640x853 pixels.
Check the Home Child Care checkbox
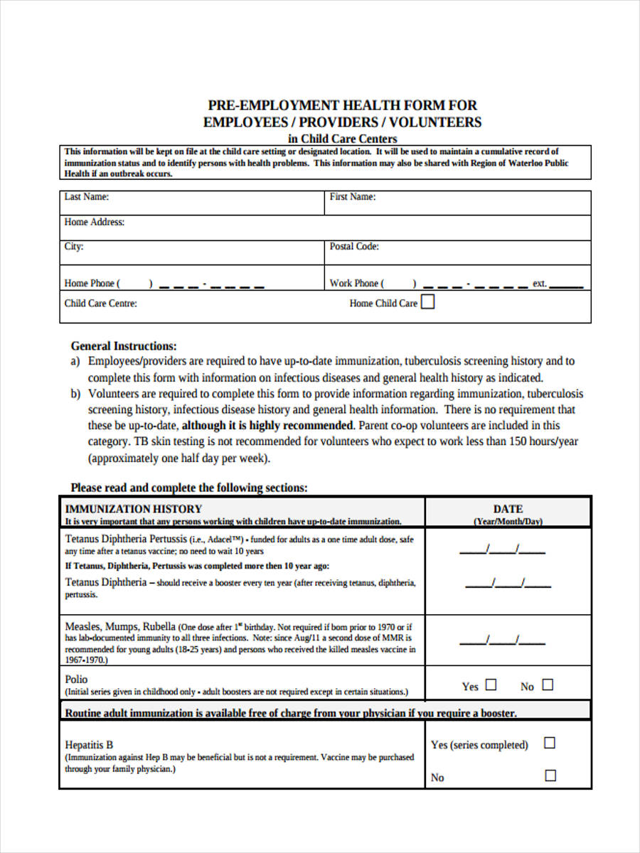pos(428,302)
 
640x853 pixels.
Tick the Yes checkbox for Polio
pos(491,685)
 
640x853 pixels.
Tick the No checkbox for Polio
pos(548,685)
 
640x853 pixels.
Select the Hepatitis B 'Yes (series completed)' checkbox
pos(550,743)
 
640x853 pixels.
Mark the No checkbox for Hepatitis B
pos(550,776)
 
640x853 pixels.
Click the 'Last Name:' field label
pos(86,197)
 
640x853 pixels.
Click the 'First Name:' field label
pos(353,197)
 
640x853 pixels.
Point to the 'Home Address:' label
pos(94,222)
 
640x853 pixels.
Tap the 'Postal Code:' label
pos(354,247)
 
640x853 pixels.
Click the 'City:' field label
pos(74,247)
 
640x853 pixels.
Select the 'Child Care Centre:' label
pos(100,303)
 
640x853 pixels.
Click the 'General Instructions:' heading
pos(124,346)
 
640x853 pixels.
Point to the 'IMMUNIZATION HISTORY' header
pos(134,509)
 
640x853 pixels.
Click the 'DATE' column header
pos(508,509)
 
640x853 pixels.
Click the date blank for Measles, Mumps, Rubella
pos(502,640)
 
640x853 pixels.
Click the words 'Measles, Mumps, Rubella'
pos(120,626)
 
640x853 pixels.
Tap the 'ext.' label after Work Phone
pos(540,283)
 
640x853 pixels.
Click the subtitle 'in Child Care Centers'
pos(342,139)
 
